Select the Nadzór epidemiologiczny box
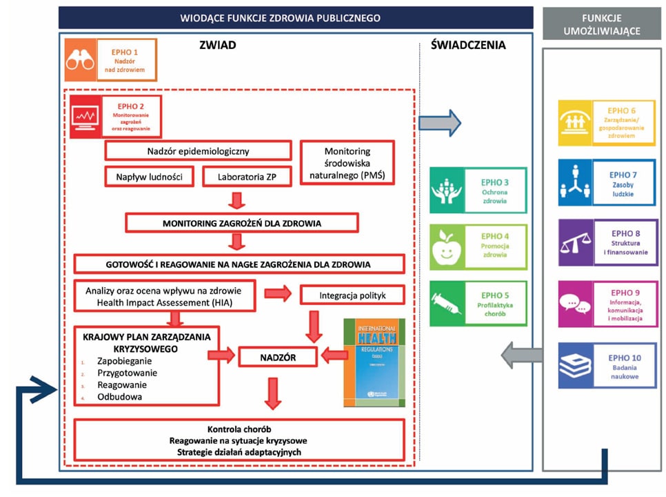198,150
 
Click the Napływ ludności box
149,176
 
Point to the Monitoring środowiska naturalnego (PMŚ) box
347,164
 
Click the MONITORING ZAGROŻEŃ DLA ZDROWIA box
241,223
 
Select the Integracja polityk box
352,295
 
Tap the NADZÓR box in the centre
277,356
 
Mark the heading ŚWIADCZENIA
468,46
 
